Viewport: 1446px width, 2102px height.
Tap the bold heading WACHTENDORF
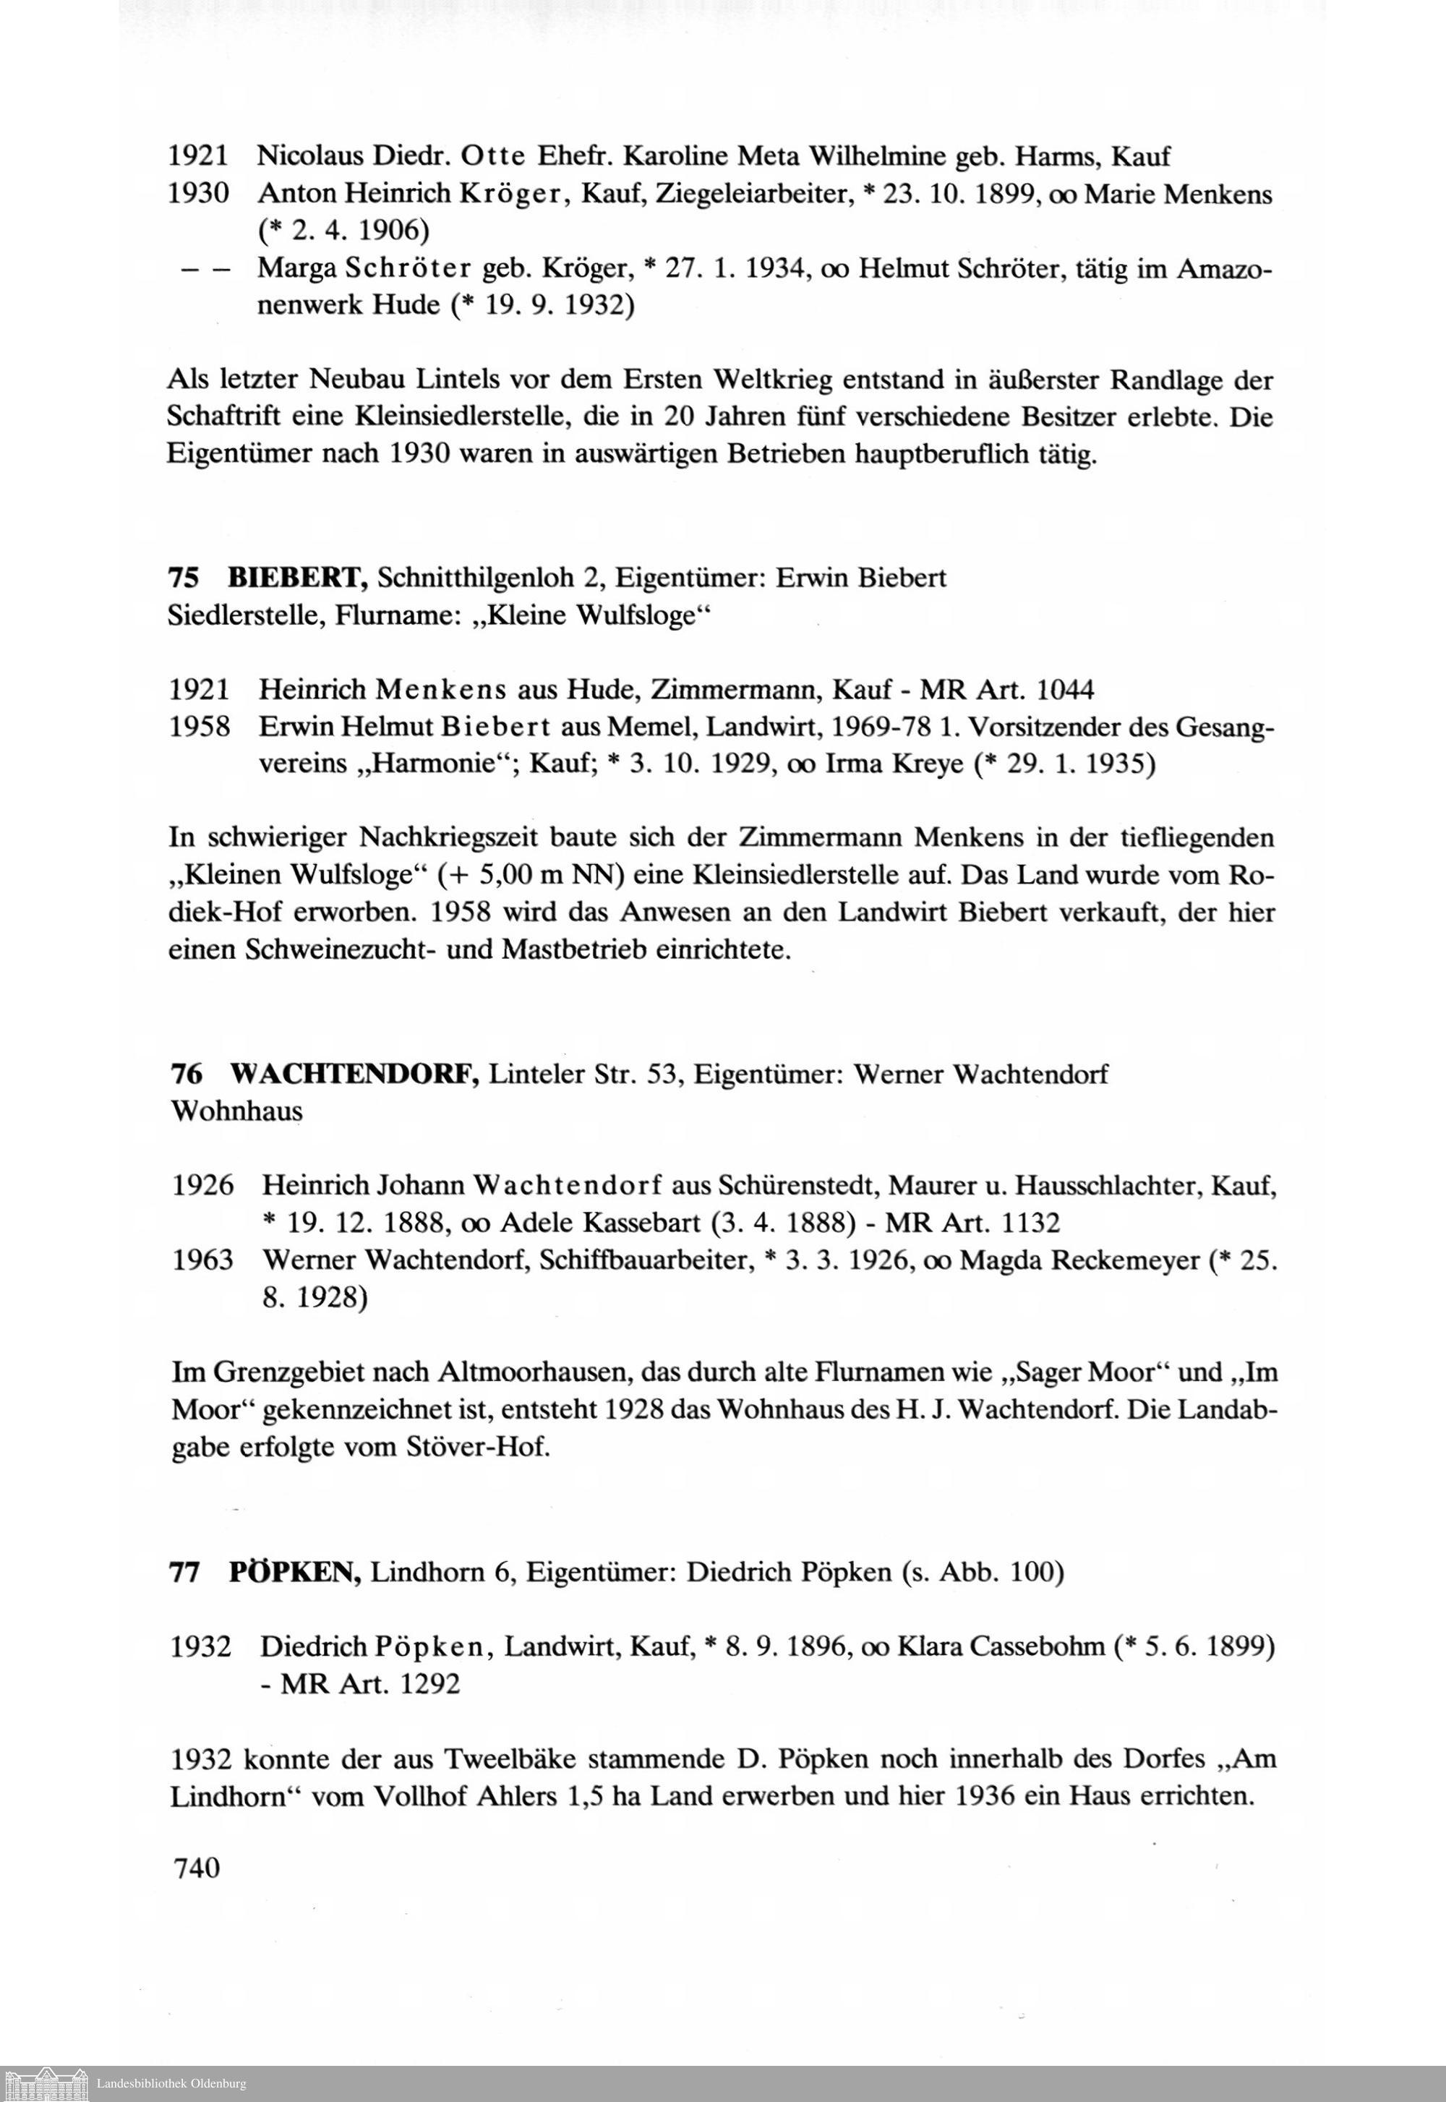354,1074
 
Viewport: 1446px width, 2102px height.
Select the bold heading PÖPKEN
296,1571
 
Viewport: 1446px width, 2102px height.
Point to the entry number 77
185,1571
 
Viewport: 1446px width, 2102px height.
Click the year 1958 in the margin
200,727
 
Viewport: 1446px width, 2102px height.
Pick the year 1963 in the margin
203,1260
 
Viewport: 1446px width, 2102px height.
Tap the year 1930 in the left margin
197,194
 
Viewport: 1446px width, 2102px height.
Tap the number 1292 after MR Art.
429,1683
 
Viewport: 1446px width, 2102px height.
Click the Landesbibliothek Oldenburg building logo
46,2083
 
